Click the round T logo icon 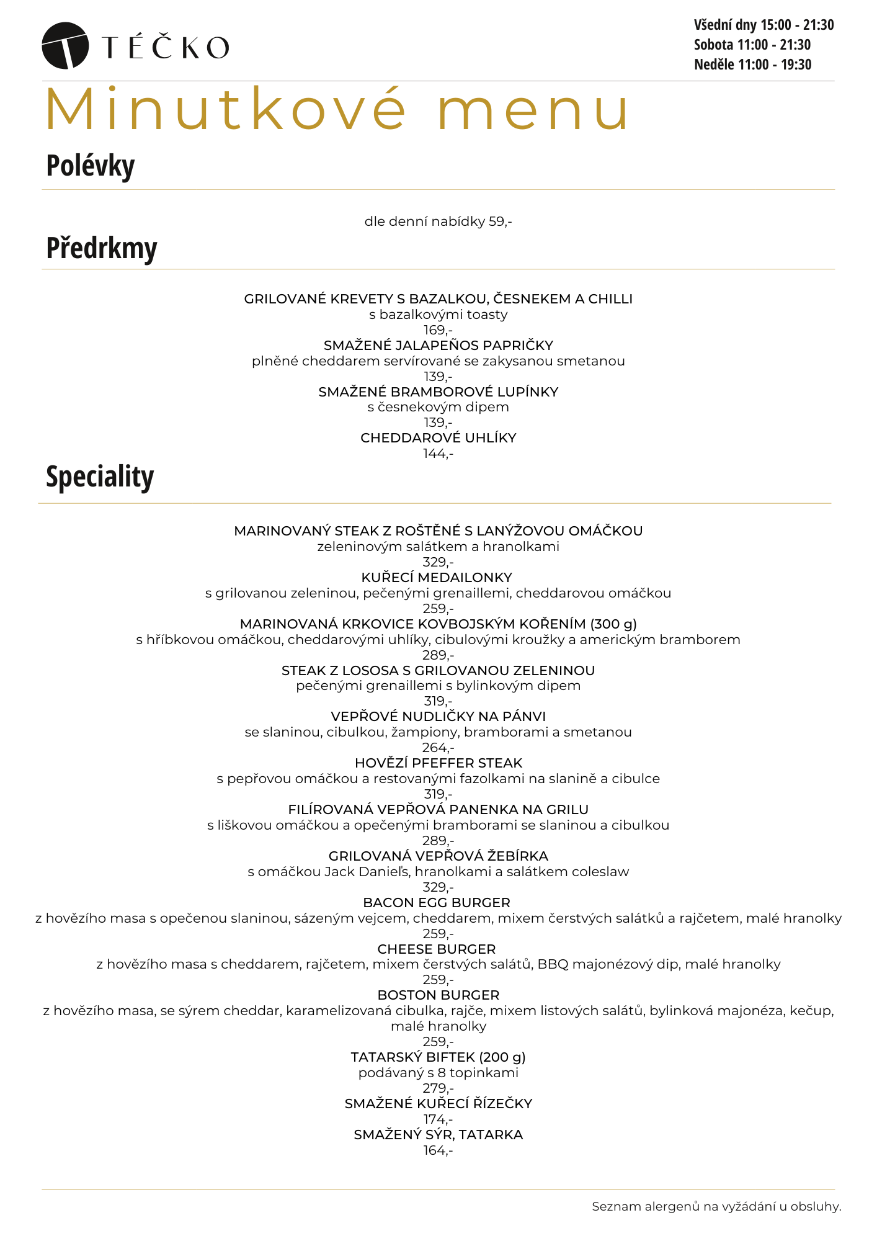(65, 45)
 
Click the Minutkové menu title (337, 110)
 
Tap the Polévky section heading (91, 166)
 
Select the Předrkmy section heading (102, 248)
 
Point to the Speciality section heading (100, 477)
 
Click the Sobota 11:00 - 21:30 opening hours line (752, 45)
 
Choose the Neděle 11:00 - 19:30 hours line (752, 65)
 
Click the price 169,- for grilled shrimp (438, 330)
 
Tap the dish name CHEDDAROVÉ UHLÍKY (438, 438)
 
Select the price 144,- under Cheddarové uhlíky (438, 454)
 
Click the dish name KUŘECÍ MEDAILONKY (437, 578)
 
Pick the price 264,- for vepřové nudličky (438, 748)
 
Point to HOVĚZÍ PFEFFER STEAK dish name (439, 763)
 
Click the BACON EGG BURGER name (437, 903)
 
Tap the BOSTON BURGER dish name (439, 995)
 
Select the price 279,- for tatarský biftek (438, 1088)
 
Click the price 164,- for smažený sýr (438, 1150)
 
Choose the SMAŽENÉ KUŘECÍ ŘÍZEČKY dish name (439, 1104)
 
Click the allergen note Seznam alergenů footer (716, 1207)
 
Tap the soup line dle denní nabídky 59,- (438, 222)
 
